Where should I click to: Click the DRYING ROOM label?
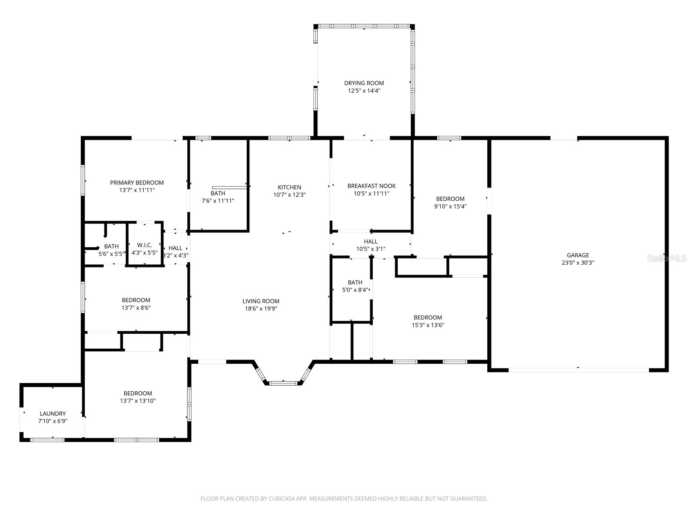click(x=364, y=83)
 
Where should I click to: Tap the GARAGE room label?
click(x=577, y=255)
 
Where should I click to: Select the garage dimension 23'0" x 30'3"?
click(x=577, y=263)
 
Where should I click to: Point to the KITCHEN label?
click(x=289, y=187)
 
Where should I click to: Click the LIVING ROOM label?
click(x=261, y=301)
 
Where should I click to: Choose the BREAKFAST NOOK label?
click(x=372, y=186)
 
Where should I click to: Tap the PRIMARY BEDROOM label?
click(x=137, y=183)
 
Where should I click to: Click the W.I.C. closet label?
click(x=144, y=245)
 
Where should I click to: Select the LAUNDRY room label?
click(x=52, y=414)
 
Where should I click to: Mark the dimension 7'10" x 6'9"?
click(x=52, y=421)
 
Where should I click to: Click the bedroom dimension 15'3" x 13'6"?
click(x=428, y=325)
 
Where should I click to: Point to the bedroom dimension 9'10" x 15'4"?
click(x=450, y=206)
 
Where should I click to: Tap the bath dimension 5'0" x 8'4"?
click(x=355, y=290)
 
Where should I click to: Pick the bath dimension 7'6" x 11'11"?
click(x=218, y=201)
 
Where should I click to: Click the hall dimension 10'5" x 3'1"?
click(x=371, y=249)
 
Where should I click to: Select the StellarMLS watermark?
click(x=666, y=258)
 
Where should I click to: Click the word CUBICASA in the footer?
click(x=282, y=498)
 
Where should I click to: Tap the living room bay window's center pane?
click(x=283, y=383)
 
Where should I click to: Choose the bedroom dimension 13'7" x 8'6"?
click(x=136, y=307)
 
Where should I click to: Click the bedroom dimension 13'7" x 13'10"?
click(x=138, y=401)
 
